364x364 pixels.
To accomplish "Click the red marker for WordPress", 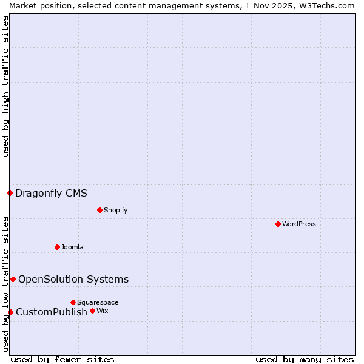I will click(278, 224).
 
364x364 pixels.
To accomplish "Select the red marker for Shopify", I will click(99, 210).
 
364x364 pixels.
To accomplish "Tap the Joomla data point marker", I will click(57, 247).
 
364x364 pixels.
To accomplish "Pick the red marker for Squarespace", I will click(73, 302).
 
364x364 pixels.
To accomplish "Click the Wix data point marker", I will click(92, 311).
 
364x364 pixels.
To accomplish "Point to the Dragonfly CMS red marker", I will click(10, 193).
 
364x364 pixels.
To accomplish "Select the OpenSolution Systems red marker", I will click(13, 279).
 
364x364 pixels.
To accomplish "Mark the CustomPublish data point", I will click(10, 312).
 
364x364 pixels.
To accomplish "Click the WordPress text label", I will click(299, 224).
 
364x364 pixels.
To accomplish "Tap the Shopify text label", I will click(115, 210).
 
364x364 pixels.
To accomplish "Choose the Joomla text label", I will click(72, 247).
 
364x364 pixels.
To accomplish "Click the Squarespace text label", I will click(98, 302).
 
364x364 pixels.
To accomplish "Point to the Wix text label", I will click(102, 311).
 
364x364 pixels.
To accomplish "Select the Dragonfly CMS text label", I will click(51, 194).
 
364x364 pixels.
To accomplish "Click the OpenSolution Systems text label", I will click(73, 279).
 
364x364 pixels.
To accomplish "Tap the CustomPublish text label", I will click(52, 312).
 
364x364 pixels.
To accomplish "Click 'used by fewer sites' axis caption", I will click(62, 359).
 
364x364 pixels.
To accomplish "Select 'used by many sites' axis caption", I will click(305, 359).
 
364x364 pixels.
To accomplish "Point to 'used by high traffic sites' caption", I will click(5, 87).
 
